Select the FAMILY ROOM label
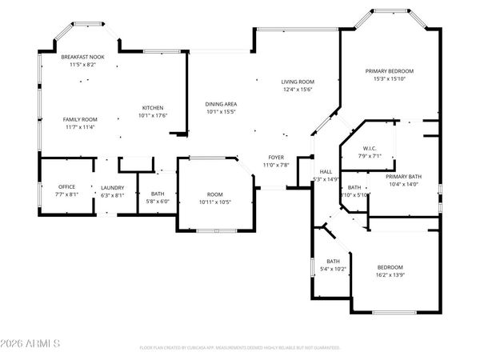point(80,119)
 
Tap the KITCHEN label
point(153,108)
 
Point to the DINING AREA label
point(221,104)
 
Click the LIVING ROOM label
point(297,82)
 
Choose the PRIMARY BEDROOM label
point(390,71)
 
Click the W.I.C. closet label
point(369,148)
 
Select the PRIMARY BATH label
point(403,176)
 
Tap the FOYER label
point(276,158)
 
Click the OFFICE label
point(66,186)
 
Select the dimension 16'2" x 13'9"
point(390,274)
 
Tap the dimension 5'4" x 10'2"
point(334,269)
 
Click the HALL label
point(326,172)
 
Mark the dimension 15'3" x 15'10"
point(390,78)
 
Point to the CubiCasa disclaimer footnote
point(239,348)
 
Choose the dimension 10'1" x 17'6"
point(153,115)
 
